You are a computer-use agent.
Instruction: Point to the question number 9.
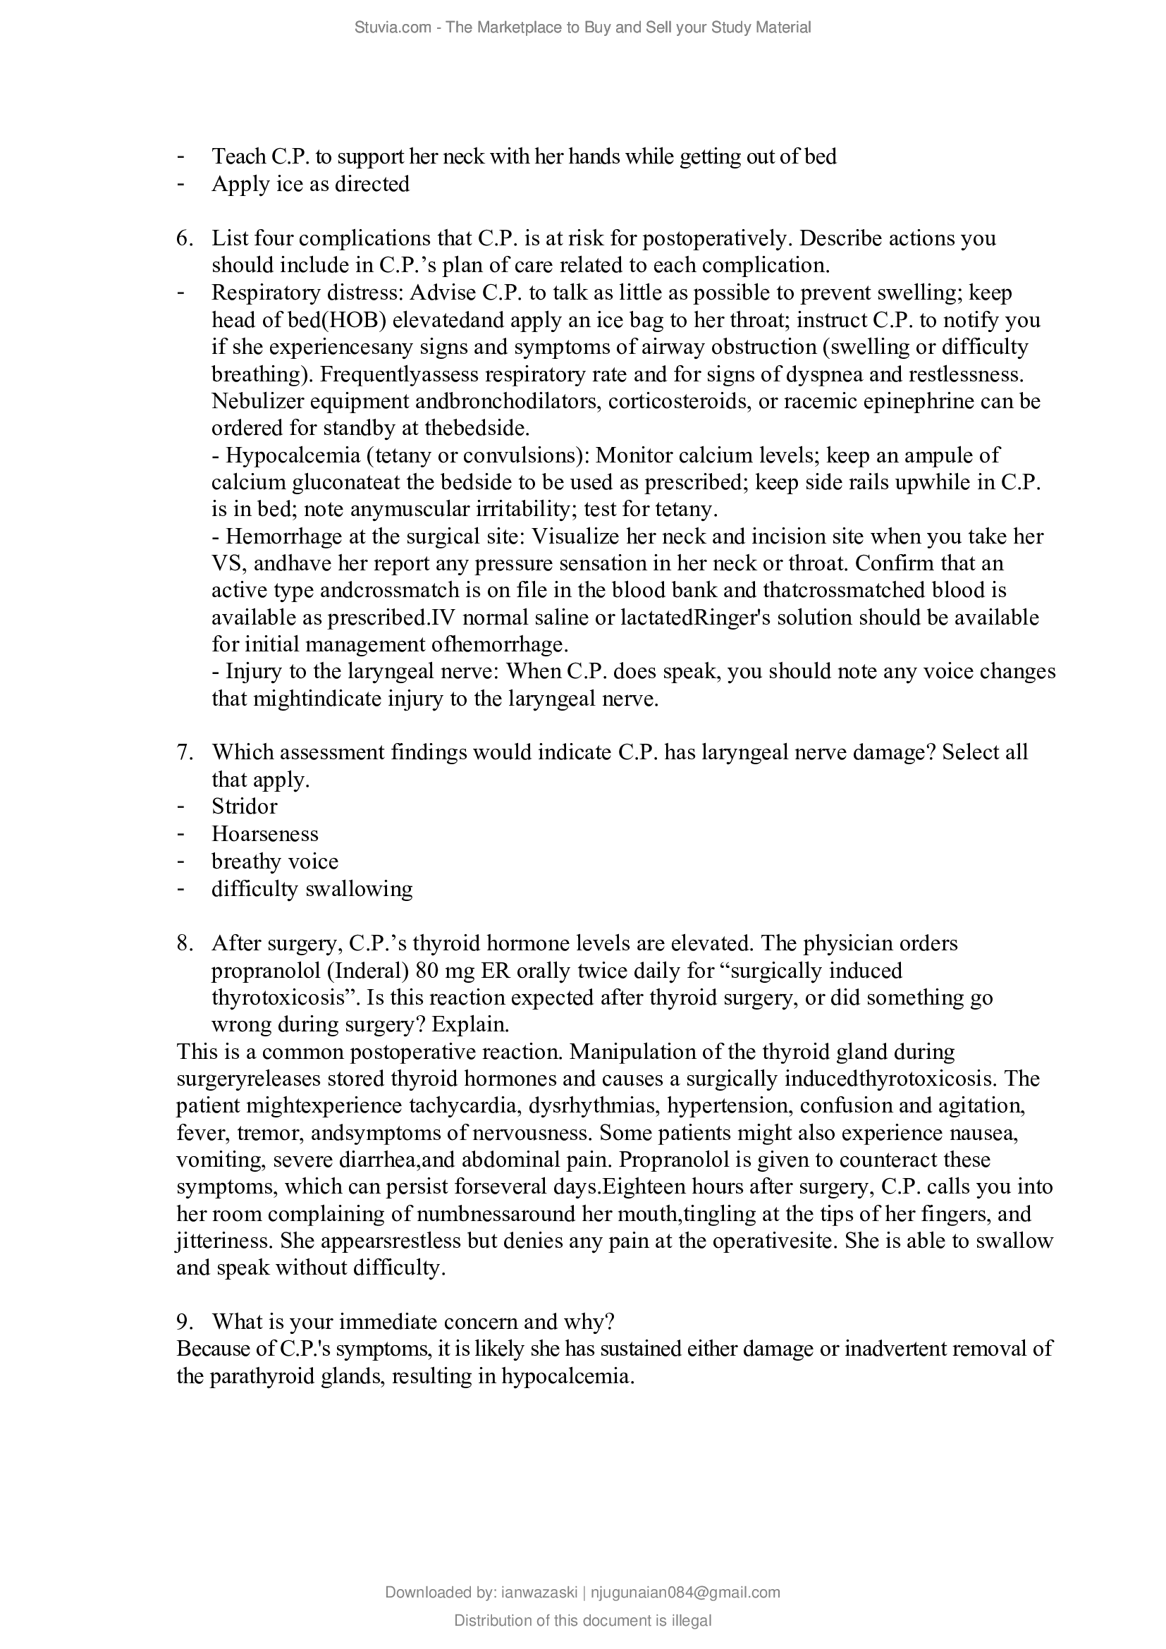click(x=184, y=1321)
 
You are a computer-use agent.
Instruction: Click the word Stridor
click(x=244, y=807)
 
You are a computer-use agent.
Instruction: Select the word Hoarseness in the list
click(x=264, y=834)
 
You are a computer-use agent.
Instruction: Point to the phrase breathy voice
click(x=274, y=861)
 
